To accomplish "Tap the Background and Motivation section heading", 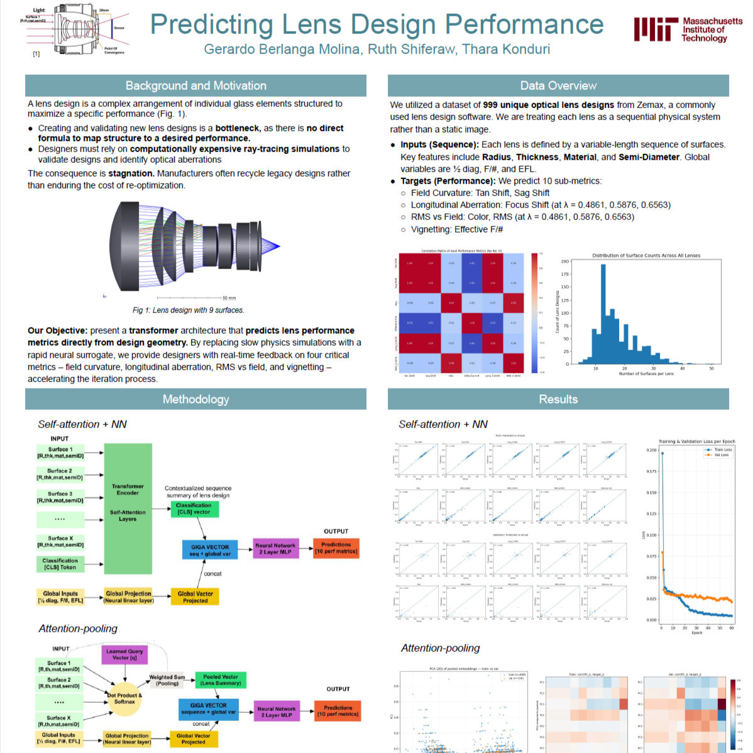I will pyautogui.click(x=195, y=85).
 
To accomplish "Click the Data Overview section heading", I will pyautogui.click(x=558, y=85).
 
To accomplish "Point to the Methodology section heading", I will pyautogui.click(x=195, y=399).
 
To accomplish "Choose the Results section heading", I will pyautogui.click(x=558, y=399).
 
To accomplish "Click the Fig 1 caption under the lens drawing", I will pyautogui.click(x=188, y=310).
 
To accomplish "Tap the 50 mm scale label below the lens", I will pyautogui.click(x=229, y=298).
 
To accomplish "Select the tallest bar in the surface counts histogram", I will pyautogui.click(x=603, y=314).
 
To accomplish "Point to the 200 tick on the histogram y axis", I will pyautogui.click(x=565, y=261).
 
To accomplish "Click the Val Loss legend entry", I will pyautogui.click(x=720, y=455).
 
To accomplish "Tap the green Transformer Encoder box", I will pyautogui.click(x=128, y=508).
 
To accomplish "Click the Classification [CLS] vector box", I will pyautogui.click(x=194, y=509).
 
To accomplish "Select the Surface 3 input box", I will pyautogui.click(x=60, y=497).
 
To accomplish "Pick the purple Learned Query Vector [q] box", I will pyautogui.click(x=124, y=654).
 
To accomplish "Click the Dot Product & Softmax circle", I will pyautogui.click(x=124, y=698).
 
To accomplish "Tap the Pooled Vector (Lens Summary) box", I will pyautogui.click(x=221, y=680).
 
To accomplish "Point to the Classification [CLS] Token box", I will pyautogui.click(x=60, y=564).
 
